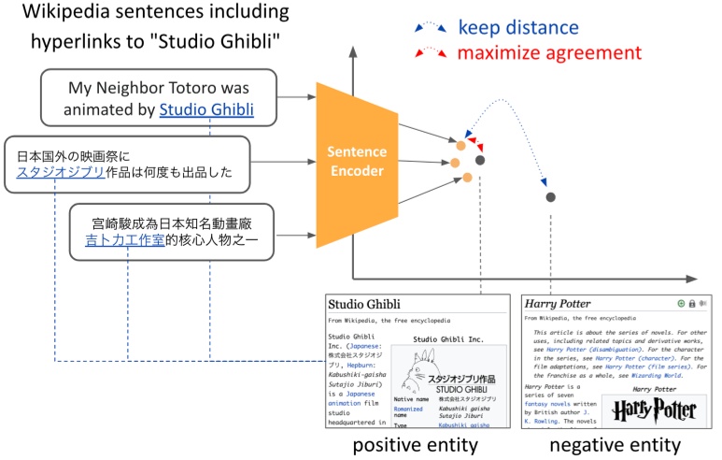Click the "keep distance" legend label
click(517, 28)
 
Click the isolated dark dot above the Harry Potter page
click(551, 196)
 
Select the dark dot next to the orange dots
click(479, 160)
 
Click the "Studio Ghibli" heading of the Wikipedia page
click(364, 304)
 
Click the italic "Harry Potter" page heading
click(558, 304)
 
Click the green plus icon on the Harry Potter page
click(681, 304)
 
